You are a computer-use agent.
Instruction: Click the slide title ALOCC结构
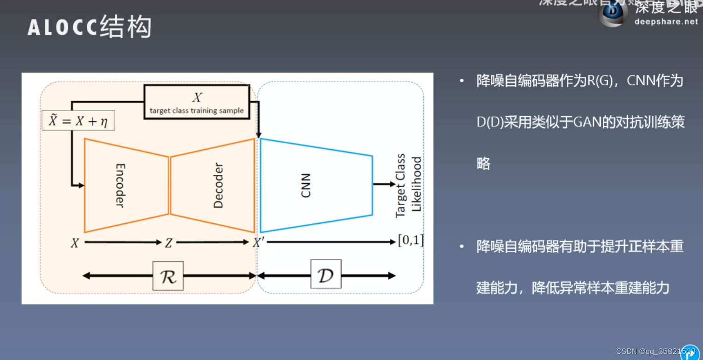90,27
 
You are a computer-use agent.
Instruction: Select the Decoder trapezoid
213,185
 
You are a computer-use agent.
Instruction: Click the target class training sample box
197,102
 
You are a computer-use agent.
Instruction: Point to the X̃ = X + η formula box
78,121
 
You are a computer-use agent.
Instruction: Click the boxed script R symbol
168,276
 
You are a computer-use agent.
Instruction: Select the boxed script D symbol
325,275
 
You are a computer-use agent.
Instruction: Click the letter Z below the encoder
169,243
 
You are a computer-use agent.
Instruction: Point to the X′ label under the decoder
258,242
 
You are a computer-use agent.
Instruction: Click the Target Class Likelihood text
408,186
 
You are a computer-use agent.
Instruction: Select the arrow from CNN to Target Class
384,184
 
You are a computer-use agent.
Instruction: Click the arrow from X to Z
122,242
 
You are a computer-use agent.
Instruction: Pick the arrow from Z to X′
213,242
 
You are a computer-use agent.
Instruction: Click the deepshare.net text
666,21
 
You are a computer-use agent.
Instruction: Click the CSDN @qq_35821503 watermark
656,351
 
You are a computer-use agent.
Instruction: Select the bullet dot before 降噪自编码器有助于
462,246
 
